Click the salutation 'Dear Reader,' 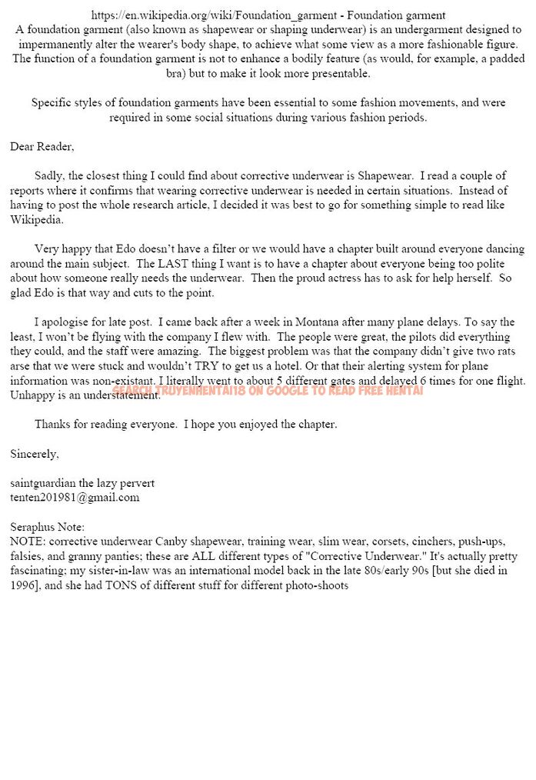[x=42, y=146]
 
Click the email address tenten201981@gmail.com [x=75, y=497]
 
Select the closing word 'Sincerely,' [x=35, y=454]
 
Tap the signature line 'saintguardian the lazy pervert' [x=82, y=483]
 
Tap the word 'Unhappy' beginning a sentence [x=31, y=395]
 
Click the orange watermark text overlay [x=268, y=391]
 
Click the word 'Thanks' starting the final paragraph [x=52, y=424]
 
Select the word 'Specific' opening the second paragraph [x=52, y=103]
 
